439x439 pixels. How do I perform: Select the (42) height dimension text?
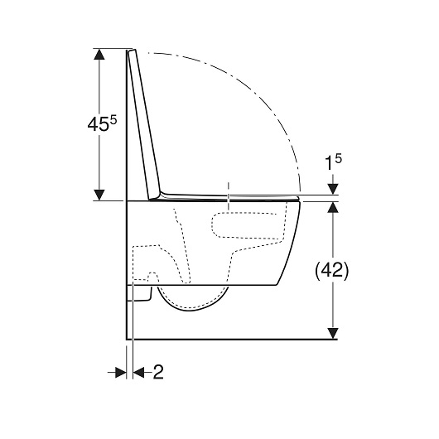click(x=332, y=271)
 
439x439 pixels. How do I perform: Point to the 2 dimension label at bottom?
click(x=158, y=372)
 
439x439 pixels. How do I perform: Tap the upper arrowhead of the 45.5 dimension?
click(x=99, y=54)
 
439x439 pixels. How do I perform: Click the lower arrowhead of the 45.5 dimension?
click(x=99, y=195)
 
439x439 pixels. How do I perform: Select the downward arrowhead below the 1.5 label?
click(x=333, y=189)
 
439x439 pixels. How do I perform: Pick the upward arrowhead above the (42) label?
click(x=333, y=207)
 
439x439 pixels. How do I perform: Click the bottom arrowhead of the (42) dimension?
click(x=333, y=334)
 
